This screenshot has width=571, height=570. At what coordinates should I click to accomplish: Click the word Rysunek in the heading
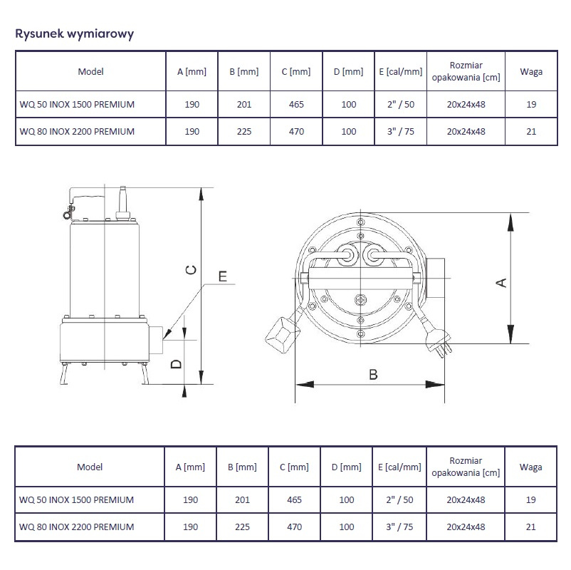click(39, 34)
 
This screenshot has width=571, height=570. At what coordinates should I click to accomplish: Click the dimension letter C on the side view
click(191, 270)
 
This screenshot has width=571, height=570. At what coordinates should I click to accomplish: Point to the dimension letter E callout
click(223, 276)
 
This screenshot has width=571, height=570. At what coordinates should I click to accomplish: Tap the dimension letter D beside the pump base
click(177, 363)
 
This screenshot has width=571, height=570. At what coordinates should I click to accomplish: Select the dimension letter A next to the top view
click(501, 283)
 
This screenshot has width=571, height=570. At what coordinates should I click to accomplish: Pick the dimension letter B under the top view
click(373, 375)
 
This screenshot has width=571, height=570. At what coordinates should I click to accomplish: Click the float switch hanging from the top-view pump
click(283, 334)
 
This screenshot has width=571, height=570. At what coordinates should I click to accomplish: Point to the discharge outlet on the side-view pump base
click(155, 340)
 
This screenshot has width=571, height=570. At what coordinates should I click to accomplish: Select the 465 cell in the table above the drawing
click(296, 105)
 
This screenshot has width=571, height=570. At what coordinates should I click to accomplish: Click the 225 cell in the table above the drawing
click(244, 132)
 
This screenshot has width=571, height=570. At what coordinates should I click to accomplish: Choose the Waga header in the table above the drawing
click(531, 72)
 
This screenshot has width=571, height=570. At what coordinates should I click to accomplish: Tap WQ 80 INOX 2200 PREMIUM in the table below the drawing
click(76, 527)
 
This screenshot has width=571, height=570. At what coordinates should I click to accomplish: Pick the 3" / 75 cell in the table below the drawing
click(399, 527)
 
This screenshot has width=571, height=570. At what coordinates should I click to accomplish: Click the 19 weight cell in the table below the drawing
click(531, 500)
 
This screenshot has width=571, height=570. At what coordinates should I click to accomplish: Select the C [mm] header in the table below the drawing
click(294, 467)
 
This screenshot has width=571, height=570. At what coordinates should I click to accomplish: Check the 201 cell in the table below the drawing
click(242, 500)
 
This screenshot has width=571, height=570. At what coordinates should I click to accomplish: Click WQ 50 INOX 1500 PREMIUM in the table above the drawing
click(77, 105)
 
